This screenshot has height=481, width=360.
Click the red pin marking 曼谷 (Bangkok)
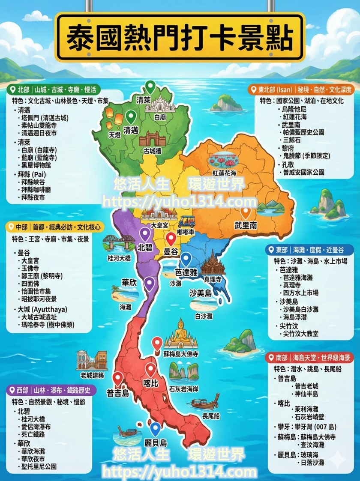pyautogui.click(x=171, y=239)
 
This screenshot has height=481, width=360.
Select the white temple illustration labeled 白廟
pyautogui.click(x=159, y=104)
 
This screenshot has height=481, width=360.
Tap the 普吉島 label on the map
pyautogui.click(x=118, y=393)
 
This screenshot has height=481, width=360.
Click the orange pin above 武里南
pyautogui.click(x=246, y=212)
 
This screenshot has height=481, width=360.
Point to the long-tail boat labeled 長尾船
pyautogui.click(x=205, y=403)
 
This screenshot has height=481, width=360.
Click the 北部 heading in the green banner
pyautogui.click(x=23, y=90)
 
